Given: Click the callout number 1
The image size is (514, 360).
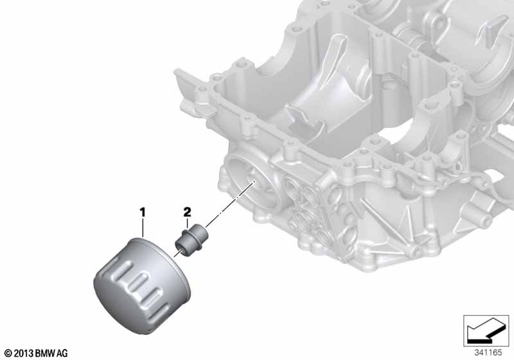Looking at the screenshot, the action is pyautogui.click(x=143, y=212).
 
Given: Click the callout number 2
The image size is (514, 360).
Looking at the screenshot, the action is pyautogui.click(x=187, y=212).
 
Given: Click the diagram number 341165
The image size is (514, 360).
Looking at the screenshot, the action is pyautogui.click(x=488, y=352).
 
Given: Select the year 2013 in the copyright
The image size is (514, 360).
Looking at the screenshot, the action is pyautogui.click(x=24, y=354).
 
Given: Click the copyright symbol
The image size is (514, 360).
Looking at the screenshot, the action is pyautogui.click(x=8, y=354).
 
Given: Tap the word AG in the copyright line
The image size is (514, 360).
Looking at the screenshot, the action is pyautogui.click(x=62, y=354).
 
